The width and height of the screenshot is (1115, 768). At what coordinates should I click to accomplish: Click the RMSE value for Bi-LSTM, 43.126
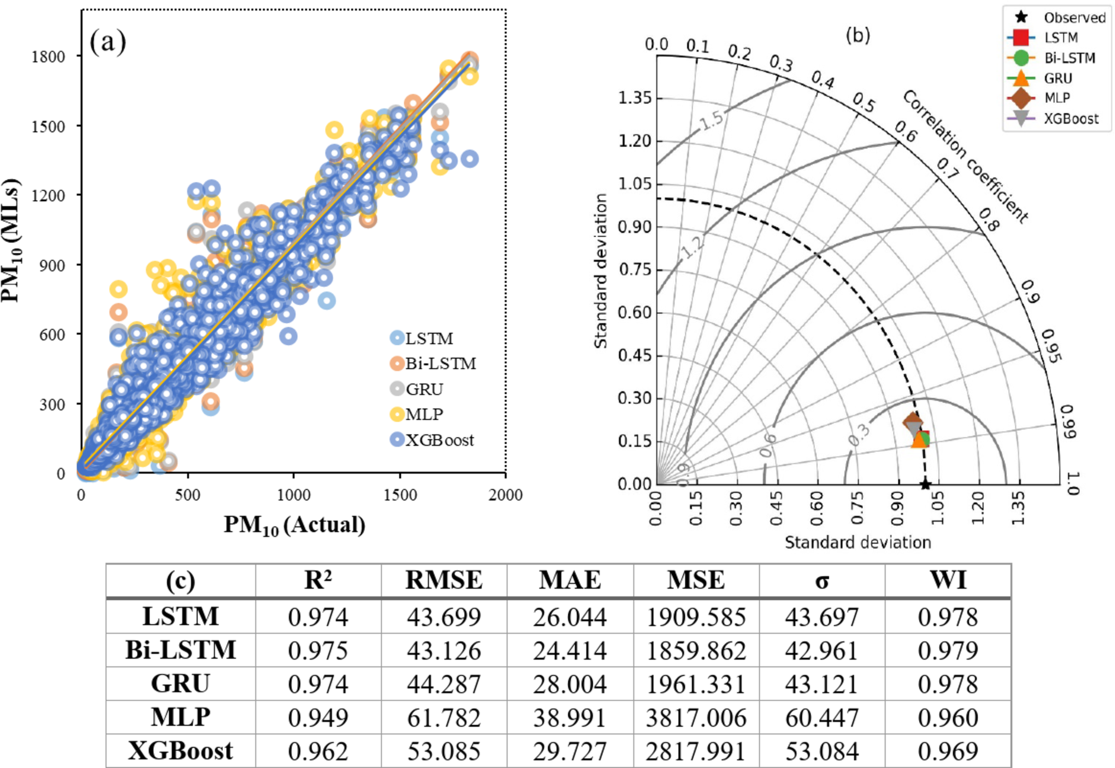click(x=443, y=651)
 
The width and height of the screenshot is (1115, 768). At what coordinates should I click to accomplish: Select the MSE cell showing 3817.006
click(x=696, y=718)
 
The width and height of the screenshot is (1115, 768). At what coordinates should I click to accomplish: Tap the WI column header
click(x=948, y=580)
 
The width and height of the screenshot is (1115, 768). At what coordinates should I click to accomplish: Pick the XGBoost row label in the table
click(x=181, y=751)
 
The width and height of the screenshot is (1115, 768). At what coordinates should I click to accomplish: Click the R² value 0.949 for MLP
click(x=318, y=718)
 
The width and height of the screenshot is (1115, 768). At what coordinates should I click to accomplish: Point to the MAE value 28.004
click(x=569, y=684)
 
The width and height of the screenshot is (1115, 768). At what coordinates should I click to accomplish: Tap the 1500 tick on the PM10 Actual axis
click(x=399, y=495)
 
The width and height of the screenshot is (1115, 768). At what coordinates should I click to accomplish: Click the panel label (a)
click(x=108, y=42)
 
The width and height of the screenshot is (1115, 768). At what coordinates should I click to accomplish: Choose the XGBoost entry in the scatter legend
click(x=439, y=440)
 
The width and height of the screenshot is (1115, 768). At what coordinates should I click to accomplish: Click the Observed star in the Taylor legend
click(x=1021, y=17)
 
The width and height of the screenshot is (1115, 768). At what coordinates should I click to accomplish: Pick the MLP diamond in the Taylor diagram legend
click(x=1021, y=98)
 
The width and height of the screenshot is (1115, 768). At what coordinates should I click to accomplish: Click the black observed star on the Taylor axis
click(x=925, y=484)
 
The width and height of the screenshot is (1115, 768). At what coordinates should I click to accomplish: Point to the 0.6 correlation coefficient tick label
click(x=906, y=131)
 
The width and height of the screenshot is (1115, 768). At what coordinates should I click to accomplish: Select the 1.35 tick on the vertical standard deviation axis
click(x=634, y=98)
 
